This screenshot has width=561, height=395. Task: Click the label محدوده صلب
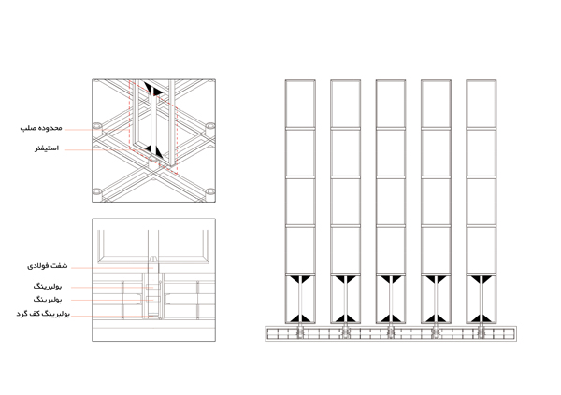[41, 128]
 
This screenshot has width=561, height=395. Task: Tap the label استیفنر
[47, 148]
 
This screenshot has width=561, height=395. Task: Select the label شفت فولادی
[48, 266]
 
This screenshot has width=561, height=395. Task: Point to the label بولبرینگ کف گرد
[43, 314]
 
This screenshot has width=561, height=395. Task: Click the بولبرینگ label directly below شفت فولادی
[48, 287]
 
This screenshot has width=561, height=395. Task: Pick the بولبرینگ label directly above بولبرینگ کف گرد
[48, 299]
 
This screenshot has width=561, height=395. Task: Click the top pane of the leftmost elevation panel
[300, 104]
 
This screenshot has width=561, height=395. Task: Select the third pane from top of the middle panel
[391, 202]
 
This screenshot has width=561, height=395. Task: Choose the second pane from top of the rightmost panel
[482, 152]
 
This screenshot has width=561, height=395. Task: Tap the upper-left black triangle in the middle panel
[385, 279]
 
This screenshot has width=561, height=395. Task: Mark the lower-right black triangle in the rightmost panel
[486, 318]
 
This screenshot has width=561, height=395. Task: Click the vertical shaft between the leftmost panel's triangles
[300, 300]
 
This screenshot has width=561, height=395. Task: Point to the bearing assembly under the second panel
[345, 333]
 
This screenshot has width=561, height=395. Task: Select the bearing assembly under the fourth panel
[436, 333]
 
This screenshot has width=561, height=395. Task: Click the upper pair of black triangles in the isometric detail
[153, 89]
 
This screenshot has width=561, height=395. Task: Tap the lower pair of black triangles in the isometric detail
[154, 151]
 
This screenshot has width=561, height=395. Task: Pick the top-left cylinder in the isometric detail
[97, 126]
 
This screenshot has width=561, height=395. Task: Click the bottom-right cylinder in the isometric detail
[210, 192]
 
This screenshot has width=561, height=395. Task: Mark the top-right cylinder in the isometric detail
[210, 126]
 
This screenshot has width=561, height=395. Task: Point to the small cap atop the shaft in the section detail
[153, 258]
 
